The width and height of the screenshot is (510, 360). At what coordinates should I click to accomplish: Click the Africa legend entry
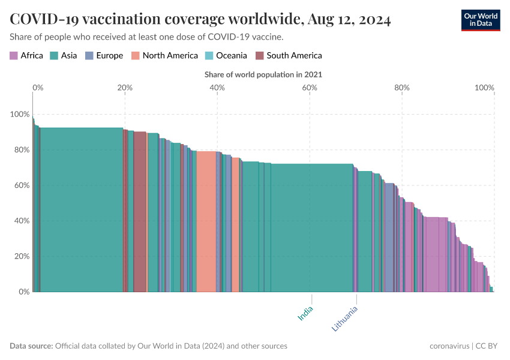(x=26, y=56)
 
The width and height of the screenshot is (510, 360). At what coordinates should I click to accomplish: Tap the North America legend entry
(x=164, y=56)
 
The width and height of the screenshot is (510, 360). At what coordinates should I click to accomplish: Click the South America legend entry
(x=289, y=56)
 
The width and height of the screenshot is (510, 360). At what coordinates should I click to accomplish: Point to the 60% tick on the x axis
(x=310, y=88)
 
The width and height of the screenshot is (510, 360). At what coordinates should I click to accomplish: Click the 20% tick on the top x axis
(x=125, y=88)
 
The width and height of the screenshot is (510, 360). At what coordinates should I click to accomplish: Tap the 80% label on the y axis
(x=20, y=149)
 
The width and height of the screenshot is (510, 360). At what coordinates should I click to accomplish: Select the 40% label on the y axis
(x=20, y=221)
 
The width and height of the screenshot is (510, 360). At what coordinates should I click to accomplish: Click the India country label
(x=306, y=313)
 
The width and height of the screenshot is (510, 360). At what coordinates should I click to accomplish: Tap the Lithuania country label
(x=345, y=319)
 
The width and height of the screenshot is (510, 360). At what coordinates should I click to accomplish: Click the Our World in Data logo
(x=480, y=19)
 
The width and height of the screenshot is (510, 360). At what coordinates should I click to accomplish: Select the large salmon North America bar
(x=206, y=222)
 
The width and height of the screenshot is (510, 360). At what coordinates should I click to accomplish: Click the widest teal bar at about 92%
(x=81, y=210)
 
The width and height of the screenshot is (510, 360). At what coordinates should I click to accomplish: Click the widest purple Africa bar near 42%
(x=436, y=255)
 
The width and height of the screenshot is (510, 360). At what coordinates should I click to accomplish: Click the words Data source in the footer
(x=31, y=346)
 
